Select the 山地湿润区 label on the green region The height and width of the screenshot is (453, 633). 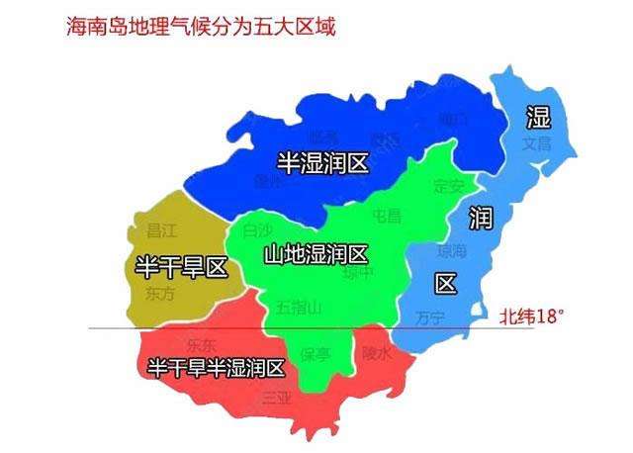point(316,254)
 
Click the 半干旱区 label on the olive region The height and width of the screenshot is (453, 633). point(181,266)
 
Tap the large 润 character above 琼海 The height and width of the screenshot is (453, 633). point(481,220)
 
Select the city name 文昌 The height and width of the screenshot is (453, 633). point(539,144)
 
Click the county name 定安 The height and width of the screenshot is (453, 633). point(449,185)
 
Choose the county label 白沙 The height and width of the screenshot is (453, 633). point(256,230)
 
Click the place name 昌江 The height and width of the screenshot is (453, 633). point(160,230)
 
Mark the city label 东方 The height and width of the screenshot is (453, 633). point(159,294)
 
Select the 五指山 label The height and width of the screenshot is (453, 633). point(298,309)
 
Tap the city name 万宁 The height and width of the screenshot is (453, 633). point(430,317)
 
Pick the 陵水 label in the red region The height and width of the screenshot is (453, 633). point(377,351)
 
